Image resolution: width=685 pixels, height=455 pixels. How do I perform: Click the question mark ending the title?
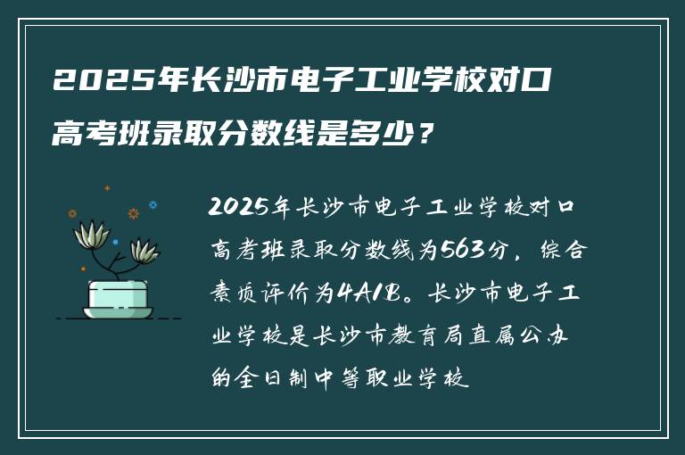point(430,136)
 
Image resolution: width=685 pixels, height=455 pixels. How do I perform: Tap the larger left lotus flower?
point(93,233)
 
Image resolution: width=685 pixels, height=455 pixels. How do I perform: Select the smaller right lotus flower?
point(144,251)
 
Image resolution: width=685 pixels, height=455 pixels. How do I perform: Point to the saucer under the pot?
point(118,313)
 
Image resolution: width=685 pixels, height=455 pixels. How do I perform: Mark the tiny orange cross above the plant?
point(107,188)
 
